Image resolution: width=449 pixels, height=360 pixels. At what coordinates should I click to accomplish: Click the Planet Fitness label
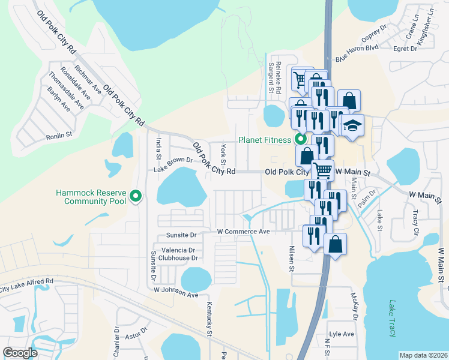pos(265,140)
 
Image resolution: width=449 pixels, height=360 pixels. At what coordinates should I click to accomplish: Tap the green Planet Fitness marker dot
pos(299,140)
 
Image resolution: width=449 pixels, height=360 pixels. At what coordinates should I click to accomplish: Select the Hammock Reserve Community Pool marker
pos(136,196)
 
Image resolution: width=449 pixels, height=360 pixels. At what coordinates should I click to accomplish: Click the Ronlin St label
pos(59,136)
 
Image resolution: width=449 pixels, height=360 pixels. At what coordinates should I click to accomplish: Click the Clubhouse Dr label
pos(178,258)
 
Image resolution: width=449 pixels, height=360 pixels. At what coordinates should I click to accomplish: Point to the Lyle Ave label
pos(341,334)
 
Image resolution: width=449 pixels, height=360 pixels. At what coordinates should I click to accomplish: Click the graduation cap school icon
pos(353,125)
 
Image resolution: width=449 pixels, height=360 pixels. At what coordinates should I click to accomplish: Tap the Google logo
pos(20,353)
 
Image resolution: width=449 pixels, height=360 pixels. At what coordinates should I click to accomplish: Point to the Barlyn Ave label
pos(58,100)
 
